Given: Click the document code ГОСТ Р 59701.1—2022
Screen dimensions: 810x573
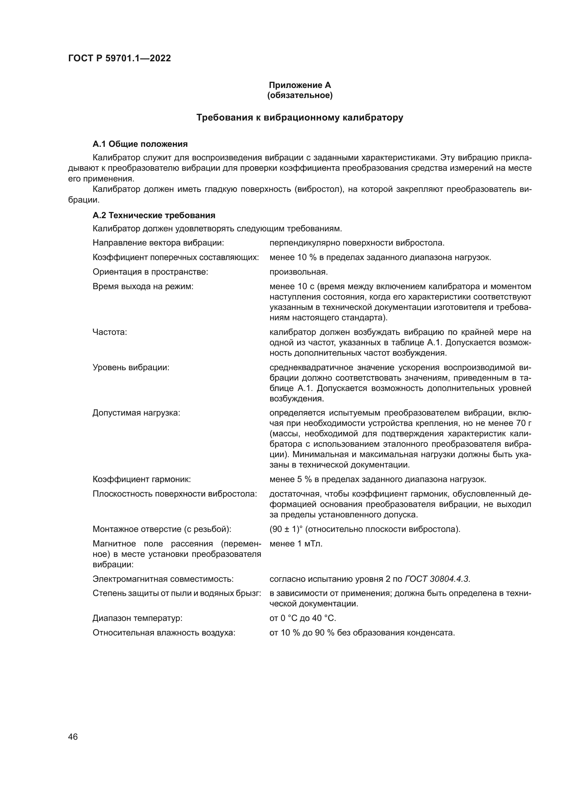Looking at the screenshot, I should point(119,59).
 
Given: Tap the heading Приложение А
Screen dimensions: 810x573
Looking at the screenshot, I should point(300,85).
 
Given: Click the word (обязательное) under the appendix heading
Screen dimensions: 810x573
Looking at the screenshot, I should point(300,95).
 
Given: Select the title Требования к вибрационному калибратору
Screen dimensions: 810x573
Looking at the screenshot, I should point(300,118).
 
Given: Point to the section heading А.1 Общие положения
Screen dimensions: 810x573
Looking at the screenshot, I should point(140,144).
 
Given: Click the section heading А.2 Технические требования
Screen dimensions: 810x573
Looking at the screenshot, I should point(154,215).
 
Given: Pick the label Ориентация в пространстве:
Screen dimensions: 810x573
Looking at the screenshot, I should point(150,272).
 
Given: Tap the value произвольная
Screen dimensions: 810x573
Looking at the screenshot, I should point(299,272).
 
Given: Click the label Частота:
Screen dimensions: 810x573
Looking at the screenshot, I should point(110,332).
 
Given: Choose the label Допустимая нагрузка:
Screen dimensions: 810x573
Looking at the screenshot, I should point(136,413).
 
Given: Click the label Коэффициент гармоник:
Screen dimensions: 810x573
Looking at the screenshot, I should point(141,479).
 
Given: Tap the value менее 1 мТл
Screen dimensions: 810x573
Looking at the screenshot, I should point(296,544).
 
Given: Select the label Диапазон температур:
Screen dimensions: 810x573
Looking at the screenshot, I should point(137,618).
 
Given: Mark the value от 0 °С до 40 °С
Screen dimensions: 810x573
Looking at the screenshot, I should point(303,618).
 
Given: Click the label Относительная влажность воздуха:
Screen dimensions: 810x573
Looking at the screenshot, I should point(164,633).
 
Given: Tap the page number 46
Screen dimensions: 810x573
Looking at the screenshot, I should point(73,737).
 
